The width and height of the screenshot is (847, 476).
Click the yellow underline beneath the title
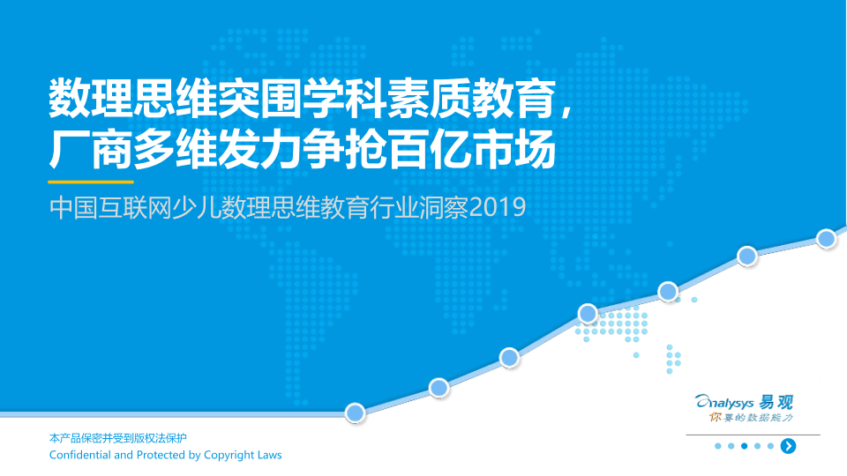pyautogui.click(x=91, y=182)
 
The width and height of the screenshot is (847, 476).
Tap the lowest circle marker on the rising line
pyautogui.click(x=355, y=413)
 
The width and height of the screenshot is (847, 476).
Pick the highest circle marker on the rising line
pyautogui.click(x=826, y=239)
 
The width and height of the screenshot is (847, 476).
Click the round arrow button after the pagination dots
pyautogui.click(x=788, y=446)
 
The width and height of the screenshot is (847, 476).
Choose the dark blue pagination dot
pyautogui.click(x=745, y=446)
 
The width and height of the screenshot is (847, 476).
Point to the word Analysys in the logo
pyautogui.click(x=724, y=403)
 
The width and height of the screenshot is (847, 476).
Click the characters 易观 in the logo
pyautogui.click(x=776, y=402)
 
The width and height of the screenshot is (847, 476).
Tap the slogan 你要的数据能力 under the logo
pyautogui.click(x=751, y=418)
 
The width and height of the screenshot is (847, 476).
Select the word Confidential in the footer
pyautogui.click(x=80, y=455)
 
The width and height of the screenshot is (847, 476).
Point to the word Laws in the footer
pyautogui.click(x=270, y=455)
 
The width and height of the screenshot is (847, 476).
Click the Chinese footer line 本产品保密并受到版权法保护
pyautogui.click(x=117, y=438)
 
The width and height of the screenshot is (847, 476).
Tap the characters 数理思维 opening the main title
pyautogui.click(x=133, y=99)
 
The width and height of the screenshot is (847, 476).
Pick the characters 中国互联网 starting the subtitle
pyautogui.click(x=110, y=208)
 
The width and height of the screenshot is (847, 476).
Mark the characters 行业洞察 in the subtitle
pyautogui.click(x=419, y=208)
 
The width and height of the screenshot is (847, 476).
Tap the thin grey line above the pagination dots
pyautogui.click(x=753, y=435)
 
